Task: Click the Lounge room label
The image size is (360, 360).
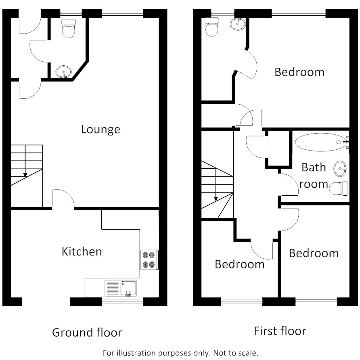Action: coord(100,130)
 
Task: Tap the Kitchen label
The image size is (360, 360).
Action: coord(82,251)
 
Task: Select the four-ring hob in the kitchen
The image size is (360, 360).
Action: coord(149,260)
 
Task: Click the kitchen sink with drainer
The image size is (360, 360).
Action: coord(121,288)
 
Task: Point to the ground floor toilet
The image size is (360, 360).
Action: coord(69,28)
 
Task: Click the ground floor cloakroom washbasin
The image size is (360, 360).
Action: coord(64,72)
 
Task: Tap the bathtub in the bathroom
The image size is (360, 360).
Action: coord(321,142)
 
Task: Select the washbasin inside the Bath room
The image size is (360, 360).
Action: coord(340,169)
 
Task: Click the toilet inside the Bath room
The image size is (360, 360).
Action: coord(339,188)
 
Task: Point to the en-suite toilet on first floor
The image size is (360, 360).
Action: coord(212,27)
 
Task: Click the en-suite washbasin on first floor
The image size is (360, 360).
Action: coord(238,24)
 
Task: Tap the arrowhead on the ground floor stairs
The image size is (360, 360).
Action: coord(25,175)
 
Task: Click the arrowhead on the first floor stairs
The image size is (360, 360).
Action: coord(216,199)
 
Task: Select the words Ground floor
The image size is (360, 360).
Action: coord(87,333)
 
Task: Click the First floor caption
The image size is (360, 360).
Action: coord(280,331)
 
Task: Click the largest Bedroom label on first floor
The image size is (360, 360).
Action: coord(299,72)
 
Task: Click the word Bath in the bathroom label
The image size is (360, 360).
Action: coord(314,167)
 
